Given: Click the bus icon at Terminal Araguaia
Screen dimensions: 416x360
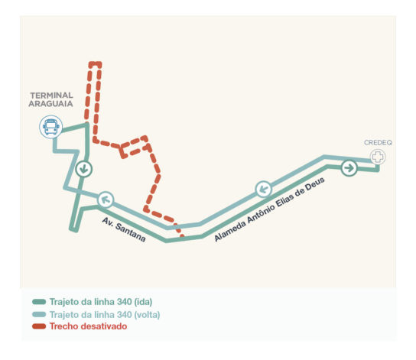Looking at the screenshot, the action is tap(51, 127).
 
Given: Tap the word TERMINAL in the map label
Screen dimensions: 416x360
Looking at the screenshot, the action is tap(51, 96).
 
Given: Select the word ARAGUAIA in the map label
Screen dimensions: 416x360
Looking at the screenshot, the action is tap(50, 104).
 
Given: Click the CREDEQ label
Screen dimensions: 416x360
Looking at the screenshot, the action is tap(378, 143).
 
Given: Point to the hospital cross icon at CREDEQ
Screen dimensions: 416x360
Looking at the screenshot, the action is tap(378, 157).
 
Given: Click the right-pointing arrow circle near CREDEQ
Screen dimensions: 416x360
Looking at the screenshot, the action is tap(349, 167).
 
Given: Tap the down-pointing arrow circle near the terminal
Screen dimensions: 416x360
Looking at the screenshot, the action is tap(84, 169).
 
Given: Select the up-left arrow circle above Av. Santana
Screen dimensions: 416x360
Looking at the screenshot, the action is tap(106, 199).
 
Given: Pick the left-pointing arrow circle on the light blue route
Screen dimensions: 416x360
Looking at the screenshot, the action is tap(264, 190).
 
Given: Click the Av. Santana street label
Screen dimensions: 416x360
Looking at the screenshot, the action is tap(124, 229).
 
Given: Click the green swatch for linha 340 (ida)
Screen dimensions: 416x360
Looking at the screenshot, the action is tap(39, 302).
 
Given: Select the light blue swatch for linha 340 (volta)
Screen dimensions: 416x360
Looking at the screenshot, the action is tap(39, 315).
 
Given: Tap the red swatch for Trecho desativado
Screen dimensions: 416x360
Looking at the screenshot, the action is tap(39, 326).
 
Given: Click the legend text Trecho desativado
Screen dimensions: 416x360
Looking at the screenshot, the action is tap(89, 326).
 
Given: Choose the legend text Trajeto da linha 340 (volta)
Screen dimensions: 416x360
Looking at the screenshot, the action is tap(105, 315).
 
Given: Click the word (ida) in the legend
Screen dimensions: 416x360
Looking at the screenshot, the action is tap(143, 302).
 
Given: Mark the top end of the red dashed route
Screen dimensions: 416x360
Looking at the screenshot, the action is tap(95, 63).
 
